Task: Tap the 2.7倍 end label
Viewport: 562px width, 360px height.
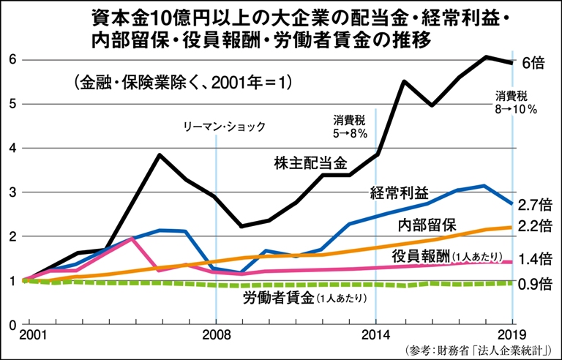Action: pos(536,204)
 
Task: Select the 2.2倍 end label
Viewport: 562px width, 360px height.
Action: pos(536,228)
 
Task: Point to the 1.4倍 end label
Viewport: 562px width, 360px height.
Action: pos(536,258)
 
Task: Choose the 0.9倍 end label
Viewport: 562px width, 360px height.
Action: pos(536,283)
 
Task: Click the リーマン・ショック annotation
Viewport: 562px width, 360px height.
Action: pos(225,126)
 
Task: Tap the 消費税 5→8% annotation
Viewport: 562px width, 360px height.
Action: pos(351,126)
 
